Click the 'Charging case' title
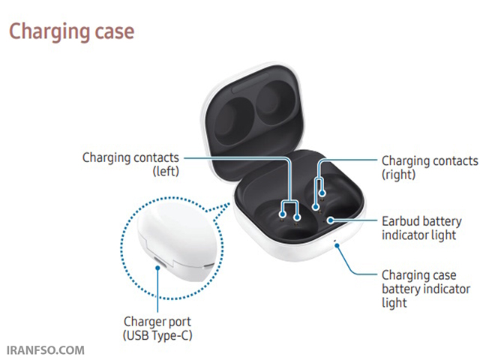click(x=72, y=31)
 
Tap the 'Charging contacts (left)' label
click(x=130, y=164)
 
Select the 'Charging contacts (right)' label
click(x=430, y=167)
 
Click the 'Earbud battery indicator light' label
click(x=421, y=228)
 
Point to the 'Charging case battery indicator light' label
click(x=426, y=289)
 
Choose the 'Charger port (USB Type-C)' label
click(x=157, y=328)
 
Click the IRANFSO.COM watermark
click(x=45, y=350)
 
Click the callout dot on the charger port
click(x=158, y=268)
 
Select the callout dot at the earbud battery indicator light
click(x=331, y=220)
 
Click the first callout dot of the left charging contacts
click(x=283, y=214)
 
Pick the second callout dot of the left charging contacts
click(x=297, y=217)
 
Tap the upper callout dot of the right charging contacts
click(x=322, y=193)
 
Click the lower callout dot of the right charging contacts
click(x=316, y=207)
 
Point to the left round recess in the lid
click(x=233, y=121)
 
